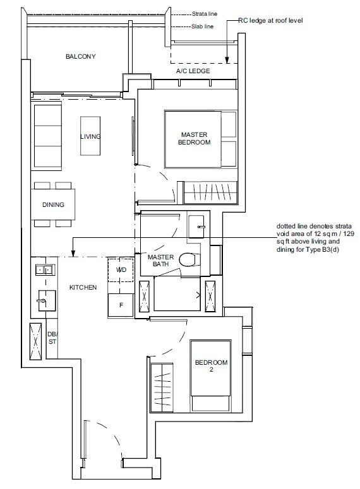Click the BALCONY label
point(80,57)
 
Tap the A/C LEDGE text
point(193,71)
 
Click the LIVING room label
point(90,137)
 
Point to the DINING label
point(53,205)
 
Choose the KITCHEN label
point(83,288)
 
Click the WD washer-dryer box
point(121,270)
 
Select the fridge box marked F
point(121,305)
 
